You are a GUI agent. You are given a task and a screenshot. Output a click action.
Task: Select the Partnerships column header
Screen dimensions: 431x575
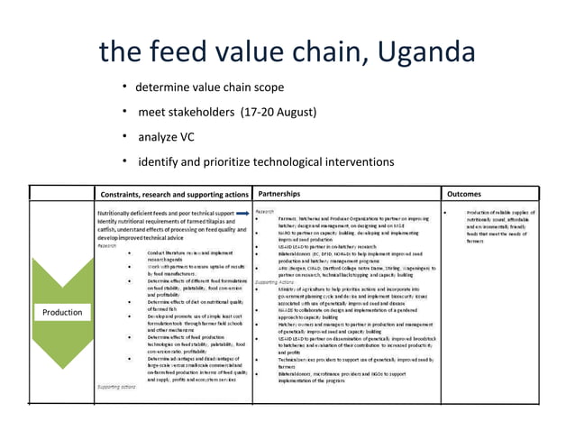(287, 193)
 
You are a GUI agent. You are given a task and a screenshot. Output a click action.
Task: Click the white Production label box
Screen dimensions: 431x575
(62, 312)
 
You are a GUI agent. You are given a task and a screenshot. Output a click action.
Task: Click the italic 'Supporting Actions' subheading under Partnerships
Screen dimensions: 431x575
(276, 282)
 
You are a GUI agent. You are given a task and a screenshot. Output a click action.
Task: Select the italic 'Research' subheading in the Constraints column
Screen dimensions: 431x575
(107, 244)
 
